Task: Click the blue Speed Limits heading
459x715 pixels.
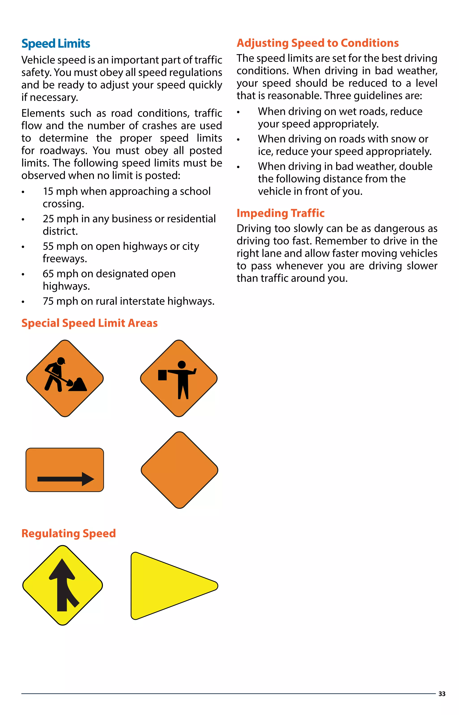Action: pyautogui.click(x=56, y=44)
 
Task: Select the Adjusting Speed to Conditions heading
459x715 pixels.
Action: pyautogui.click(x=317, y=43)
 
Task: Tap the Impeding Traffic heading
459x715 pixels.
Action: pyautogui.click(x=280, y=213)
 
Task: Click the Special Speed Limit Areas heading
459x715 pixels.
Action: pyautogui.click(x=89, y=323)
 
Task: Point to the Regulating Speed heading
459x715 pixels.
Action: pyautogui.click(x=69, y=533)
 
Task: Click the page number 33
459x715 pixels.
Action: pyautogui.click(x=442, y=694)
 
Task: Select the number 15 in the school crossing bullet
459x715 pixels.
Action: pyautogui.click(x=48, y=192)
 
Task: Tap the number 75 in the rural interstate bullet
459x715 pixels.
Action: pyautogui.click(x=48, y=302)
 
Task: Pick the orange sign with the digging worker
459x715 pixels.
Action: pyautogui.click(x=65, y=378)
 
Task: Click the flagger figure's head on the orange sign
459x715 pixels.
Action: pyautogui.click(x=182, y=364)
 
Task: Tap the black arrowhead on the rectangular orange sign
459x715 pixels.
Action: pyautogui.click(x=88, y=479)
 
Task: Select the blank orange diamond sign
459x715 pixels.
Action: pyautogui.click(x=180, y=470)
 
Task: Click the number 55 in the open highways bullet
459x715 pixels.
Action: pyautogui.click(x=48, y=247)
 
